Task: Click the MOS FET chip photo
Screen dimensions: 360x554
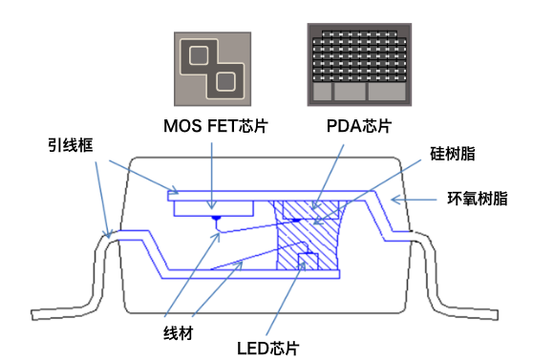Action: pos(212,68)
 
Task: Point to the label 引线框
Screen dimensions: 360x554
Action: pos(71,145)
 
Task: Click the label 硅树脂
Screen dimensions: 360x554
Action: pos(453,153)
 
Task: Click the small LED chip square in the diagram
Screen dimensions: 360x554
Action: pos(307,260)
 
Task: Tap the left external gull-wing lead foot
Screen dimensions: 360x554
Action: pos(57,309)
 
